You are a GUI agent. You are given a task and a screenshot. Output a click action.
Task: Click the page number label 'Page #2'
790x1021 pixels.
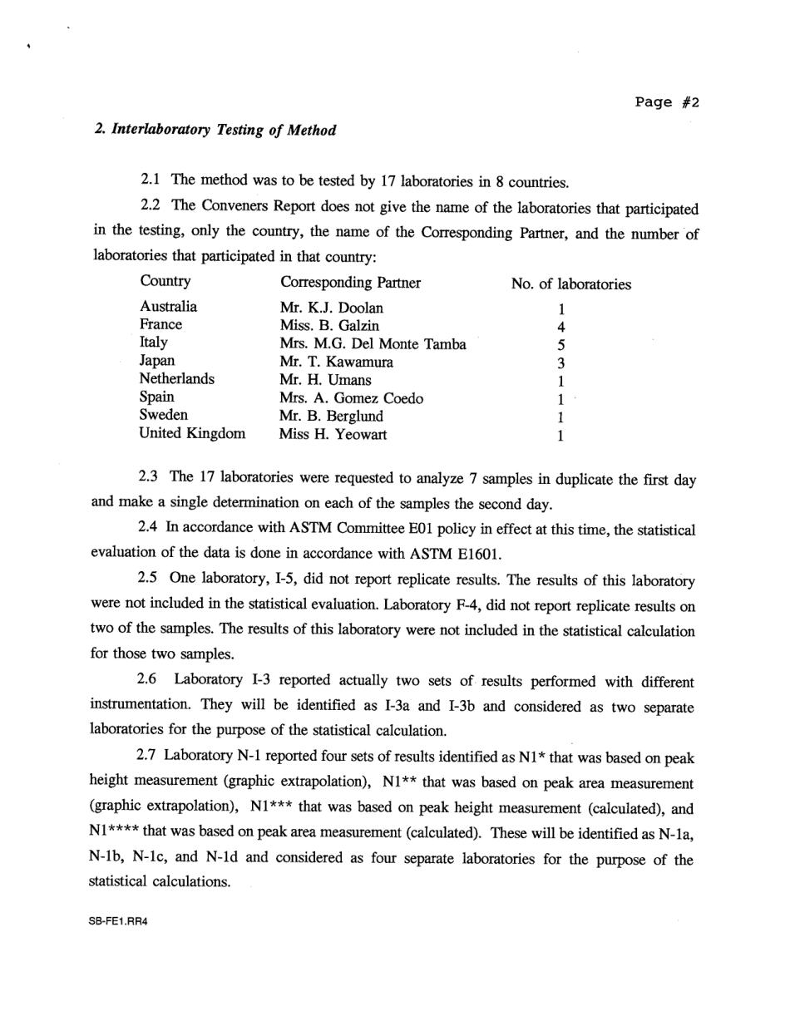pos(667,102)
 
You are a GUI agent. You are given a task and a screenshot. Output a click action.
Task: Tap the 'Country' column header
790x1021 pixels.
pos(165,282)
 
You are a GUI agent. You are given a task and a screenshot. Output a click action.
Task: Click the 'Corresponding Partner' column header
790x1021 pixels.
pos(350,283)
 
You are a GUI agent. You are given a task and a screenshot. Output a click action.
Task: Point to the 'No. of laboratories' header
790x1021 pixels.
pos(570,284)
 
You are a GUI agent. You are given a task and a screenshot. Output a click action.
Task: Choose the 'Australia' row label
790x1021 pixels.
pos(168,307)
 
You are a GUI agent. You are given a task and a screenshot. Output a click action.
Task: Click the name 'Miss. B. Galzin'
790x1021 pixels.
pos(329,325)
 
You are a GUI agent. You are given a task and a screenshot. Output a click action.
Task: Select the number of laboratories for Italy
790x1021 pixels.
pos(561,344)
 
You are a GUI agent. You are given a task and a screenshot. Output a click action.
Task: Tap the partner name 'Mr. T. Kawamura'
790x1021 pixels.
pos(337,362)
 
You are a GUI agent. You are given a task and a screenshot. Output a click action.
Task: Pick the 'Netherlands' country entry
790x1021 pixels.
pos(176,379)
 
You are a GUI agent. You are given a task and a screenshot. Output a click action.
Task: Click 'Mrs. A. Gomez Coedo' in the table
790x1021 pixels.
pos(351,398)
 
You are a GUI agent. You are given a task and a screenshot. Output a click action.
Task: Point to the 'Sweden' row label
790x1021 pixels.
pos(164,415)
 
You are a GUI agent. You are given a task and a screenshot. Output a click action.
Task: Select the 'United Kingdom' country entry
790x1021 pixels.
pos(192,433)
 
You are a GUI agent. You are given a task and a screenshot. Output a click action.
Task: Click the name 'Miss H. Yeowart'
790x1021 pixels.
pos(333,434)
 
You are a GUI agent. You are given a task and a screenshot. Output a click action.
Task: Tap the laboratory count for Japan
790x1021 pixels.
pos(561,363)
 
